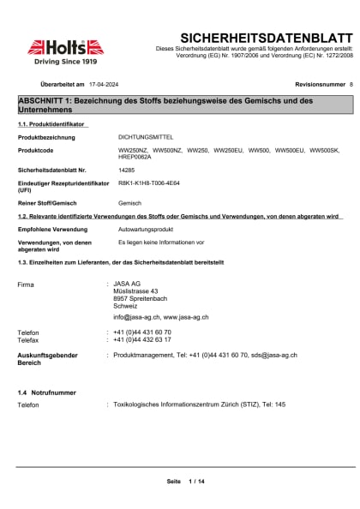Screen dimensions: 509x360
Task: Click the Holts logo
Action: tap(65, 49)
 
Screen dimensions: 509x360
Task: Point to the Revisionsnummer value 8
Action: tap(351, 86)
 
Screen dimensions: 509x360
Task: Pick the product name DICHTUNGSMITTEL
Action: tap(142, 137)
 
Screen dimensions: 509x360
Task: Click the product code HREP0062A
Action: tap(134, 157)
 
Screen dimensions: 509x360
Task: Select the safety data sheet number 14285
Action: tap(126, 171)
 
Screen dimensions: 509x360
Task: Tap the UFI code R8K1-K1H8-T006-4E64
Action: tap(149, 183)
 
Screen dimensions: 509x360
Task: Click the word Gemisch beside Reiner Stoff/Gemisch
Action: tap(129, 203)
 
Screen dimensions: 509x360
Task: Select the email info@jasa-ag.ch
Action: tap(136, 317)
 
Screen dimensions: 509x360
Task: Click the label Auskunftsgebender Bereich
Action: tap(48, 357)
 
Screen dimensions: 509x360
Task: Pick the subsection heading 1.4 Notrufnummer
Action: tap(46, 392)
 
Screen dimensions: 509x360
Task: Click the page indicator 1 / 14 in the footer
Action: tap(196, 482)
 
